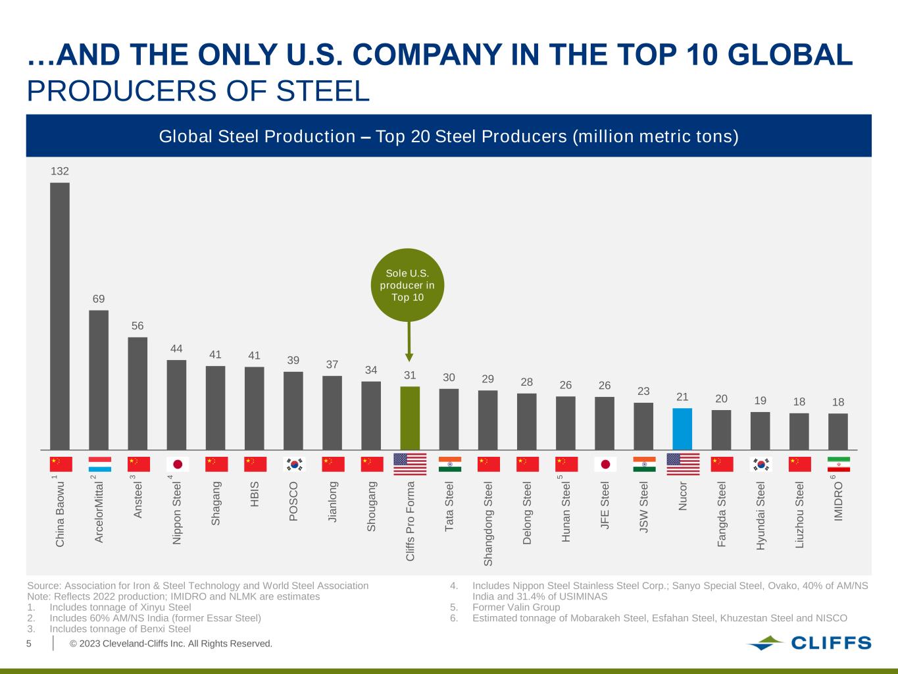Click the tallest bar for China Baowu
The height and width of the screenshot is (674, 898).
(60, 316)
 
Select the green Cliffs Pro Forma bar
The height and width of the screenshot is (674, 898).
(410, 417)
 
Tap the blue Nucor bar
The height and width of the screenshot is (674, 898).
(682, 428)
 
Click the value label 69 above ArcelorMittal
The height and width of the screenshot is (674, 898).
(99, 299)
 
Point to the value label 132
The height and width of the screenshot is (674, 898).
(60, 171)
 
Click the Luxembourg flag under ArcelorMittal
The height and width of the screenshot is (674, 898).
(99, 464)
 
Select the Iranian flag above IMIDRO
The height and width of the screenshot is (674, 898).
(838, 464)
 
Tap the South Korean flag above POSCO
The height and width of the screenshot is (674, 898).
(294, 464)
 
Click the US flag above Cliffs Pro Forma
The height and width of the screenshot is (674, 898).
(410, 464)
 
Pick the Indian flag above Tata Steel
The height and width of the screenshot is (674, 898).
(450, 464)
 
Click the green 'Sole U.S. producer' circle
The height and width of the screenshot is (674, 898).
(408, 284)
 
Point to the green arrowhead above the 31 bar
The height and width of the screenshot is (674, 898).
(409, 357)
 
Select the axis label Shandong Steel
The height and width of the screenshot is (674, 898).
(488, 524)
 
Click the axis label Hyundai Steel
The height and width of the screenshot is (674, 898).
(761, 516)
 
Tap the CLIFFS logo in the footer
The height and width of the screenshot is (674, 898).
(809, 643)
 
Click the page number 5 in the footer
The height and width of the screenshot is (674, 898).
(29, 643)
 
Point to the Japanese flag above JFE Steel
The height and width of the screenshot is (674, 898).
(605, 464)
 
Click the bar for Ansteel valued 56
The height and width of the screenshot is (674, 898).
(137, 394)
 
